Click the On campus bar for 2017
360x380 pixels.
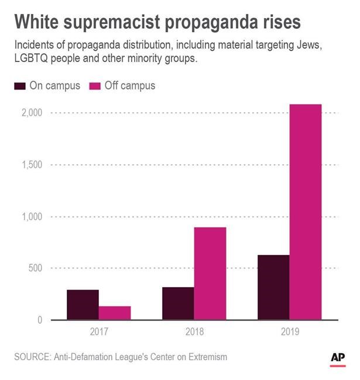tap(83, 305)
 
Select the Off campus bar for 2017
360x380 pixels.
tap(115, 313)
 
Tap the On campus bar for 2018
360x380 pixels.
tap(178, 303)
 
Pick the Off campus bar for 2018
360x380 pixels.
tap(210, 273)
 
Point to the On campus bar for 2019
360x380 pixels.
tap(273, 287)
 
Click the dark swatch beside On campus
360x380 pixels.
tap(19, 86)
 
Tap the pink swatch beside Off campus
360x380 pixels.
tap(95, 86)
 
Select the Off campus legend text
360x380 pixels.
tap(130, 86)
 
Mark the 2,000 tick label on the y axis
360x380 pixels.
tap(32, 112)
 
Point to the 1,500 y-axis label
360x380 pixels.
tap(32, 164)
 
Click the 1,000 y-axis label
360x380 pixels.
tap(32, 216)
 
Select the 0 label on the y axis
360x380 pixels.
tap(39, 320)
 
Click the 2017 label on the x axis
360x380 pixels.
tap(99, 332)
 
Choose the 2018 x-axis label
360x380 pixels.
tap(194, 332)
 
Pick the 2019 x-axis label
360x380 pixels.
tap(289, 332)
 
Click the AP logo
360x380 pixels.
tap(338, 358)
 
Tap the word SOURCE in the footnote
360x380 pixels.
tap(33, 356)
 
